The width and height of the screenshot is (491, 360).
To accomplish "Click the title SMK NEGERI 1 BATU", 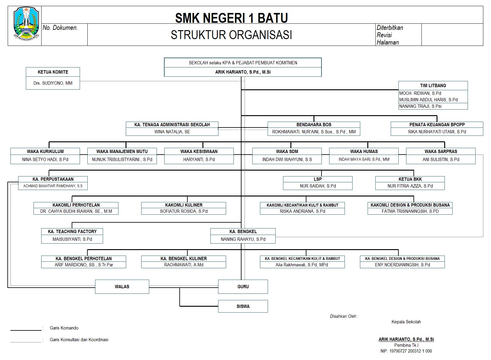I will click(231, 18).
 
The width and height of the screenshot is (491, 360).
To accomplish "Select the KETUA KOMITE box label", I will click(53, 72).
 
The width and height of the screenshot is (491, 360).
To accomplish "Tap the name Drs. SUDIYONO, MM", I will click(53, 83).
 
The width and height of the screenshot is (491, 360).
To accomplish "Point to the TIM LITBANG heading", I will click(433, 86).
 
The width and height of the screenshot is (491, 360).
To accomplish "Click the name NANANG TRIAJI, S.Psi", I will click(420, 106).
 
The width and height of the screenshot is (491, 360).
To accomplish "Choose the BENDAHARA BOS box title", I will click(314, 125).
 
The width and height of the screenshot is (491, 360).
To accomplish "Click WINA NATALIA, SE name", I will click(172, 132).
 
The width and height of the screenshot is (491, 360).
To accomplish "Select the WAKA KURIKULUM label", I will click(45, 152).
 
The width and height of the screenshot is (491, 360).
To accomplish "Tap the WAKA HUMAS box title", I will click(364, 152).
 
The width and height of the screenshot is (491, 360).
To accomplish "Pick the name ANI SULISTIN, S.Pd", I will click(441, 160).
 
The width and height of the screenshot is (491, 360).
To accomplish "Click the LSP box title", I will click(317, 179).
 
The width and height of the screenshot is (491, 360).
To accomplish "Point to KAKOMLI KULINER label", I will click(184, 205).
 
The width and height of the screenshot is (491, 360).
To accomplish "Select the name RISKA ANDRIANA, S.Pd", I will click(302, 211).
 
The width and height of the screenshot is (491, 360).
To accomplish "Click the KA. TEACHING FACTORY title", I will click(72, 232).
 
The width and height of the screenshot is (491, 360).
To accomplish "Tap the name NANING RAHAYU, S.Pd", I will click(243, 239).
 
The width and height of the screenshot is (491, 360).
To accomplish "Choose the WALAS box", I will click(122, 287).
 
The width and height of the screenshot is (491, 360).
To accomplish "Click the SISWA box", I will click(243, 306).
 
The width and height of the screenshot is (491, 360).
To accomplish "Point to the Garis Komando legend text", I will click(64, 328).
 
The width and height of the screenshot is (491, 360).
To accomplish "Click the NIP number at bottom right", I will click(406, 351).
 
